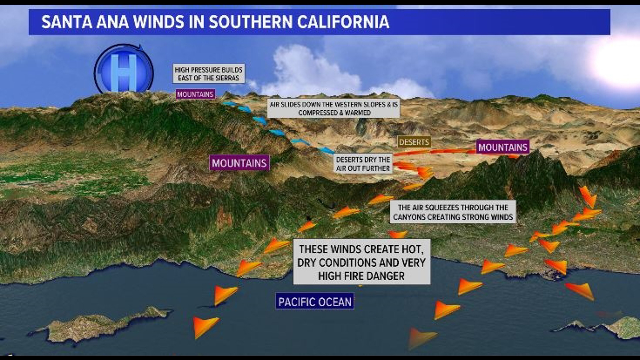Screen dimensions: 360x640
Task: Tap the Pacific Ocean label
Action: pos(315,302)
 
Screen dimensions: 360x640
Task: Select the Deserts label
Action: pos(414,142)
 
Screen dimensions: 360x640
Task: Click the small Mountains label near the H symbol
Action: pos(195,94)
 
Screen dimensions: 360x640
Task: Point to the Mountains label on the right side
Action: pos(503,147)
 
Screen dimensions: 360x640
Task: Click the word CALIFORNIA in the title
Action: pos(343,22)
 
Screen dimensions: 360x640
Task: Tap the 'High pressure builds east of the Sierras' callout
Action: pos(209,74)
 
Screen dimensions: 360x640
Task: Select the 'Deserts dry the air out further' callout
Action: pos(363,164)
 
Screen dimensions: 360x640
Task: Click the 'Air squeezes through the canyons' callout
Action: pos(453,212)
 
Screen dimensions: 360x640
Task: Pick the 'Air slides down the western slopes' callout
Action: pos(334,109)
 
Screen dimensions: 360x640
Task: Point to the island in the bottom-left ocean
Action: pos(100,325)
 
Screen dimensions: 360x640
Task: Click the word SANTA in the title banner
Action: pos(67,22)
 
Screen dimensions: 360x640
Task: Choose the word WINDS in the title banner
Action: pos(159,22)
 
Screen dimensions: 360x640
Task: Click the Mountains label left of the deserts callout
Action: pos(239,163)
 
